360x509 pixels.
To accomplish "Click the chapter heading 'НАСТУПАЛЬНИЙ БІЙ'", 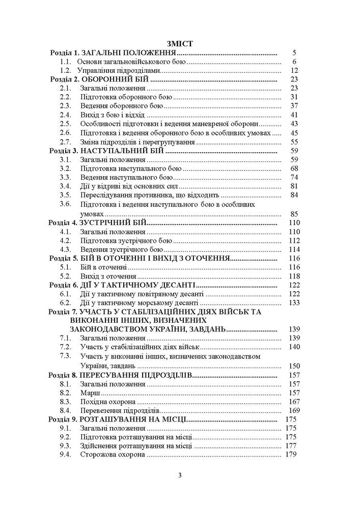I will click(120, 151).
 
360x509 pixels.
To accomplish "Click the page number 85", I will click(292, 213).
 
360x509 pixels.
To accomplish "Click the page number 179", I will click(291, 455).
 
